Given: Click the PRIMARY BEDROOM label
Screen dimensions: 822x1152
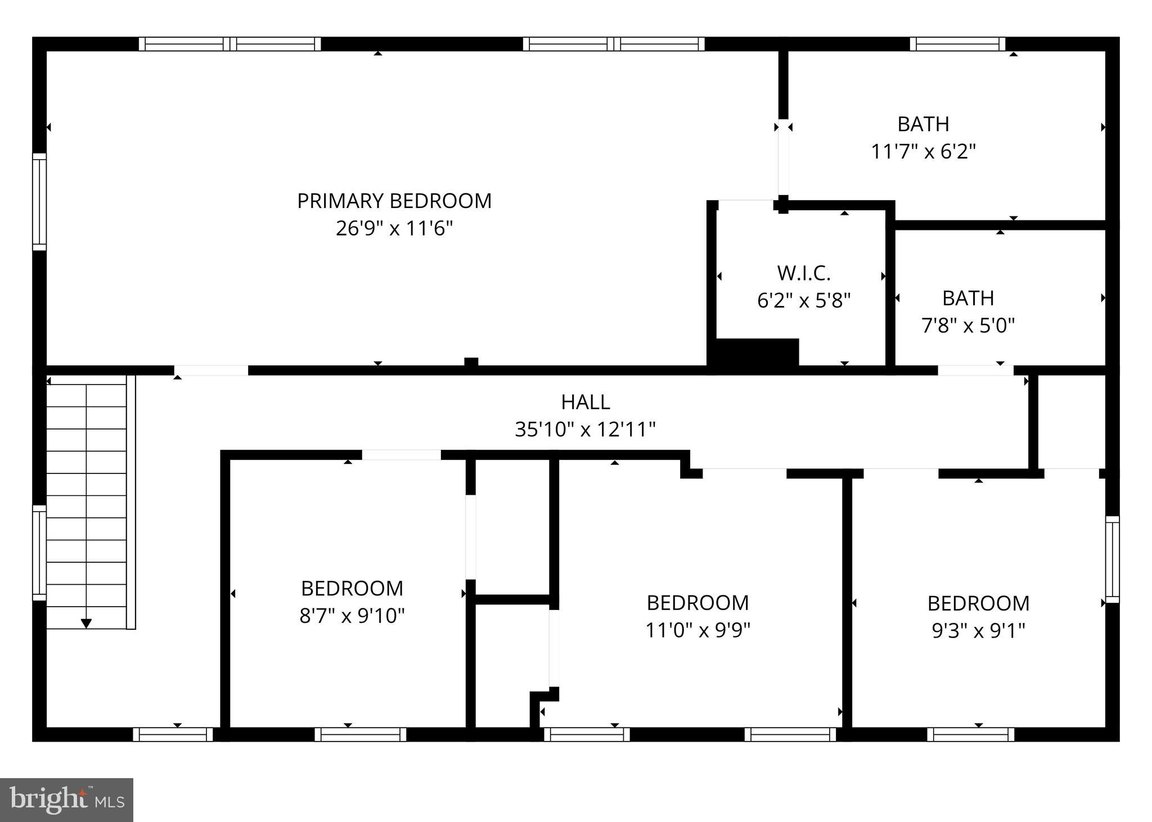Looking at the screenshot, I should [394, 201].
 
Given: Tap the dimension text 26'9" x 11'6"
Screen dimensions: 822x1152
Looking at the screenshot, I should [394, 229].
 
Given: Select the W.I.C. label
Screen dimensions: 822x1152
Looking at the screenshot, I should [804, 273].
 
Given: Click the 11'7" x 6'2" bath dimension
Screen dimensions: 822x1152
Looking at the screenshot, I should [923, 151].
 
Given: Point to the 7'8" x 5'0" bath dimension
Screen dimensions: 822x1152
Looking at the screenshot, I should [967, 325].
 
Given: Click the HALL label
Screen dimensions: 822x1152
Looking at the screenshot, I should [585, 402].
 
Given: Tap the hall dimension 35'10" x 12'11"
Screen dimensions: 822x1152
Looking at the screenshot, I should [585, 430].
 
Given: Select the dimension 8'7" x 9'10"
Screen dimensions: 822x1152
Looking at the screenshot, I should [352, 616].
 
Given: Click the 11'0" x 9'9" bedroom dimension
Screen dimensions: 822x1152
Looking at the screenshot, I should [697, 630].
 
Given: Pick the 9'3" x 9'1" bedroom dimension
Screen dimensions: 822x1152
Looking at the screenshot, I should [978, 631].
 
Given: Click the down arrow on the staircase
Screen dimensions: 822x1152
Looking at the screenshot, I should [86, 623].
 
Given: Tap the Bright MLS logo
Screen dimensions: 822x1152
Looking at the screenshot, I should [66, 800].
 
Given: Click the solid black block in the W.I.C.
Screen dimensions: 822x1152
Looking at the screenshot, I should [757, 353].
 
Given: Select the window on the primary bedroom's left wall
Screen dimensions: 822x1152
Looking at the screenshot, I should [39, 201].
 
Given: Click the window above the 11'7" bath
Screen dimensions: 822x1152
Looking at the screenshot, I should [957, 44].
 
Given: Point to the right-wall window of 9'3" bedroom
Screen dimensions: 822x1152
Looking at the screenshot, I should [1112, 559].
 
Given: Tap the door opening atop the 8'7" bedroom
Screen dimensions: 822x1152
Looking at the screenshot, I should [401, 455].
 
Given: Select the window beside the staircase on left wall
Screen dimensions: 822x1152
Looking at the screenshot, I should [39, 552].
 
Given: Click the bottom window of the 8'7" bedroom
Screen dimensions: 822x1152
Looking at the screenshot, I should [360, 734].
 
